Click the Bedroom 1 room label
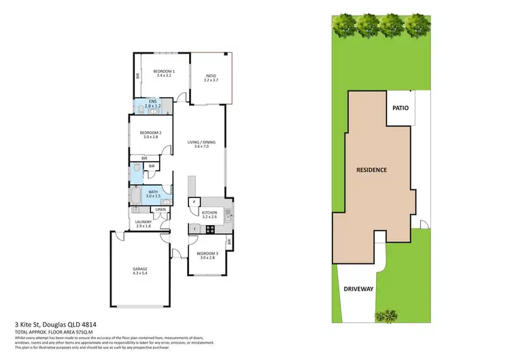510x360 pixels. coord(164,73)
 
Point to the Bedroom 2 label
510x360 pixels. coord(150,135)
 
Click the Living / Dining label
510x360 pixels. coord(201,144)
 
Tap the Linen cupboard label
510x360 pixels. coord(160,210)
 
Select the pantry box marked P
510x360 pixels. coord(194,202)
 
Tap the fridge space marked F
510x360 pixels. coord(194,229)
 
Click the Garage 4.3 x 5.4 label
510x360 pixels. coord(140,271)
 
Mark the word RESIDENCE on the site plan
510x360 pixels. coord(372,169)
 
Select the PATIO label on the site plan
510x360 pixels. coord(399,108)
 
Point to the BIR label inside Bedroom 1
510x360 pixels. coord(137,76)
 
